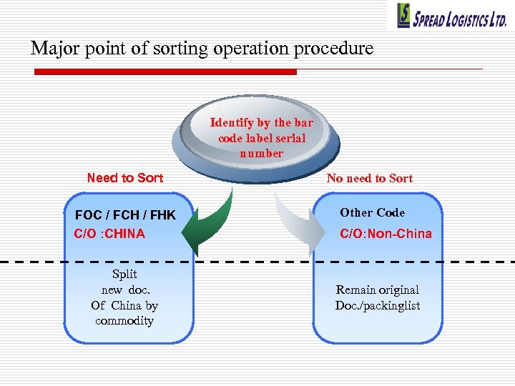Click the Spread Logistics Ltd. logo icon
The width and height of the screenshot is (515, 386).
point(405,16)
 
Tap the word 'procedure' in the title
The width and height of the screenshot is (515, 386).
point(338,49)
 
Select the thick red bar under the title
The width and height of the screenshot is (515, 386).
point(165,71)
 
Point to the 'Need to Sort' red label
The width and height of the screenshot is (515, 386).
point(124,178)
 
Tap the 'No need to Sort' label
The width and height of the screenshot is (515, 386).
point(369,179)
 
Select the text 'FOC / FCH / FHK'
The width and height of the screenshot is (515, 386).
point(125,215)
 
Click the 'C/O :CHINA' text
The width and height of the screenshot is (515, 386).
point(109,234)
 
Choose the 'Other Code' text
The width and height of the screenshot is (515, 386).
point(372,213)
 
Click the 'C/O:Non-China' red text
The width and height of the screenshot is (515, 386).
point(386,234)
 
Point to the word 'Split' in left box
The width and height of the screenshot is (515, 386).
point(124,274)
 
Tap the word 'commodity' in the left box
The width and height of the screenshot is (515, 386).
point(124,321)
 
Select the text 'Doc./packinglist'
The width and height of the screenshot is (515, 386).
point(378,306)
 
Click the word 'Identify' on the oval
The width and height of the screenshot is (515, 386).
point(232,123)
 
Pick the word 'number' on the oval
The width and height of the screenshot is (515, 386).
point(261,154)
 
